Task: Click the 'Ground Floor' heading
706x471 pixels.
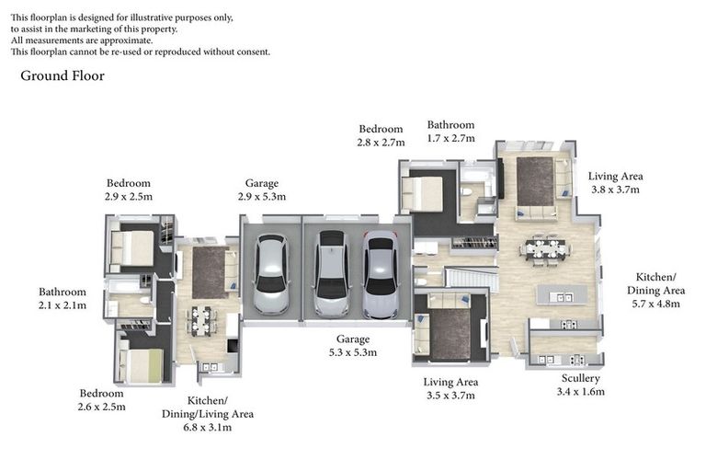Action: pos(63,75)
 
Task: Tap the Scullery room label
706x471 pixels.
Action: pos(580,378)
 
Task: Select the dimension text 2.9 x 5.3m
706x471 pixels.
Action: pos(262,197)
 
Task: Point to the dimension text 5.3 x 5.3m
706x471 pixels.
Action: pos(353,352)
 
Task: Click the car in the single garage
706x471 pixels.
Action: pos(271,273)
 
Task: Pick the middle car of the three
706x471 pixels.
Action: pos(331,273)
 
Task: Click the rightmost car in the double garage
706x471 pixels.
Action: pos(381,274)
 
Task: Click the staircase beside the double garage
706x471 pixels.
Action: pos(472,278)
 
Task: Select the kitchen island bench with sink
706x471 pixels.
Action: pos(562,295)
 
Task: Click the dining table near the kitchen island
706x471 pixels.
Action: pos(545,248)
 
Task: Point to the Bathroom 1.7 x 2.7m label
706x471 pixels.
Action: pos(450,132)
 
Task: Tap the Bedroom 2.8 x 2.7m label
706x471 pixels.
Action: pos(381,135)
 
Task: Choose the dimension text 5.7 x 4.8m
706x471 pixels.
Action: pos(655,304)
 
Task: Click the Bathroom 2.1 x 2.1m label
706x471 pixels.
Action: pos(63,298)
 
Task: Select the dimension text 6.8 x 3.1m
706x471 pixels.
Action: pos(207,427)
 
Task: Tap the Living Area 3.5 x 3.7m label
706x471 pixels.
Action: pos(450,388)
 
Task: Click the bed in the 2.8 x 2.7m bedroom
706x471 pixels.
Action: pos(422,194)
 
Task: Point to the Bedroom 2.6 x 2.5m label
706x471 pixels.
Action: pos(101,400)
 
